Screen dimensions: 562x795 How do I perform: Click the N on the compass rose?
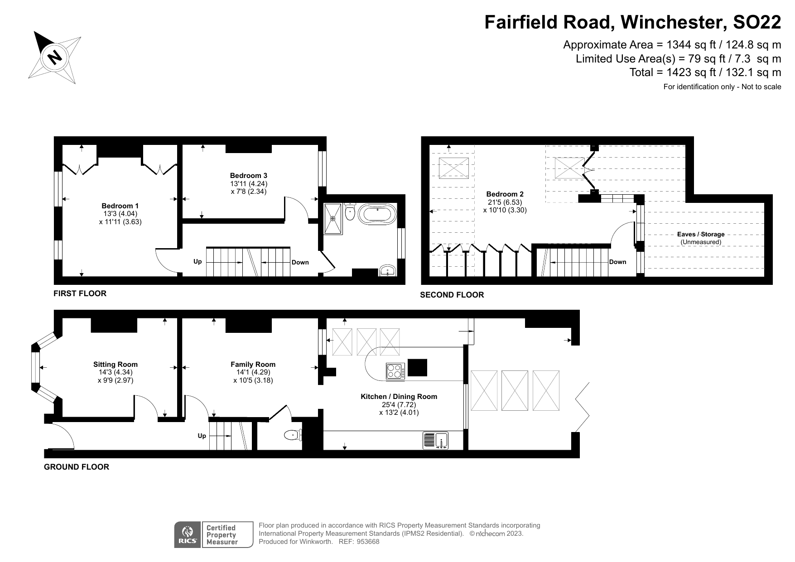(x=55, y=57)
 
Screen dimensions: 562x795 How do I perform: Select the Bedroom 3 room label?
(x=248, y=176)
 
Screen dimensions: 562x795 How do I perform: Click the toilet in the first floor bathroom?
(x=350, y=212)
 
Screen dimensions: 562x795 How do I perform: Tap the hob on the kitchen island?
(x=395, y=371)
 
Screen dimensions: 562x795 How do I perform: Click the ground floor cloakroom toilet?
(x=292, y=436)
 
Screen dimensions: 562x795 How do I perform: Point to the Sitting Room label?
(x=115, y=364)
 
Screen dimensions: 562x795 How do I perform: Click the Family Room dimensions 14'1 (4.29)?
(x=253, y=372)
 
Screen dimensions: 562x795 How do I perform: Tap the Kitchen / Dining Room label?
(x=399, y=397)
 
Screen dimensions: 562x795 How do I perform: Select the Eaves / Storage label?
(x=701, y=234)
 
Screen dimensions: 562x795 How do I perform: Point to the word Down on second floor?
(x=617, y=262)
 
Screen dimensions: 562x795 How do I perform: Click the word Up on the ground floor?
(x=202, y=436)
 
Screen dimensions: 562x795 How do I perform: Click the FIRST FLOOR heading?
(x=80, y=293)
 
